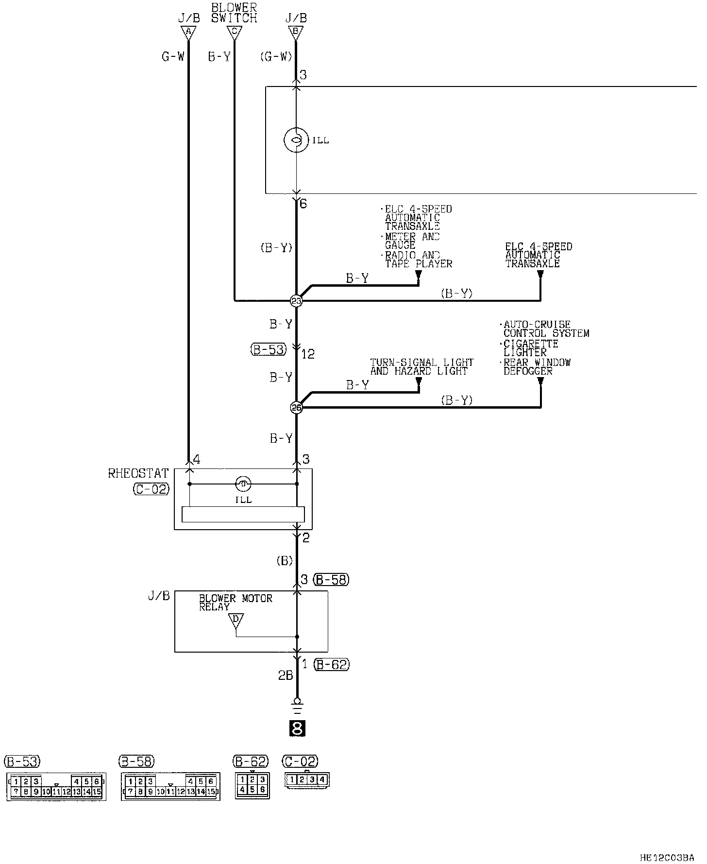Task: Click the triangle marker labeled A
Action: pos(188,33)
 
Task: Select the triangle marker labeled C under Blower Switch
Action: pos(234,33)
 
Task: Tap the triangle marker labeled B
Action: pos(295,33)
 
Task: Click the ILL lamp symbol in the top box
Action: pos(295,140)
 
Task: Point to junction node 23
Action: pos(296,301)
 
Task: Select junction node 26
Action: pos(296,407)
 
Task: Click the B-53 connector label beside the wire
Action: pos(269,349)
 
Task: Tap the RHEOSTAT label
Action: pos(138,473)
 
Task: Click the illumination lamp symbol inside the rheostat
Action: pos(243,484)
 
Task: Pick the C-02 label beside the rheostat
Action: pos(151,489)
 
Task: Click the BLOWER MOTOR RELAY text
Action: pos(236,603)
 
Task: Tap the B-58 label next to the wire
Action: pos(331,579)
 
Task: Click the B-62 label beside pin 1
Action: pos(331,664)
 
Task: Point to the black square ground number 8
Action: pos(297,728)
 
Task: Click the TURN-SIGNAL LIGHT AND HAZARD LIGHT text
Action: pos(421,367)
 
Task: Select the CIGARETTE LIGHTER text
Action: pos(524,348)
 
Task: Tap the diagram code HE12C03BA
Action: pos(667,858)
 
